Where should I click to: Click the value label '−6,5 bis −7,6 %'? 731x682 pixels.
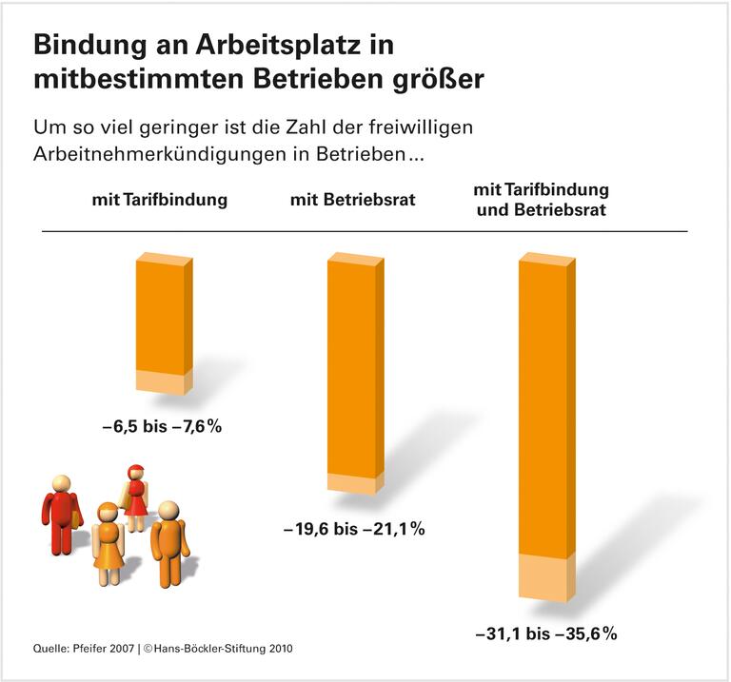(161, 427)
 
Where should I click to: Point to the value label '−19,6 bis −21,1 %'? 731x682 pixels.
(353, 529)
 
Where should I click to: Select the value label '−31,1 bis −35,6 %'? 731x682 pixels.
(546, 632)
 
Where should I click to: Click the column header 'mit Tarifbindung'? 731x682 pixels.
(160, 200)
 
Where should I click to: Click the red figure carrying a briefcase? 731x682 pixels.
(62, 514)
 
